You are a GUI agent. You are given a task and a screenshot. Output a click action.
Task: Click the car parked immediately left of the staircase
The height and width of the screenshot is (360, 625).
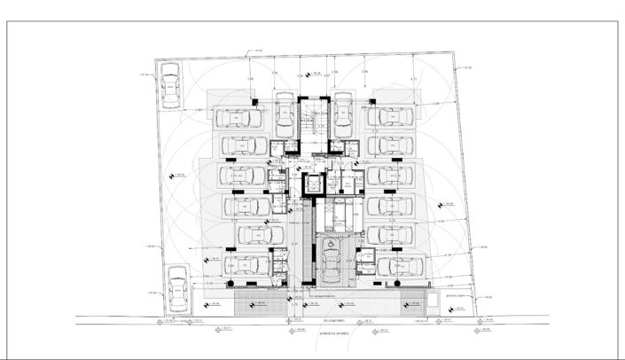(x=284, y=114)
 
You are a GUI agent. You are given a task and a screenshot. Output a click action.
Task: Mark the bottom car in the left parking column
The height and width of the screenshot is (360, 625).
(x=246, y=264)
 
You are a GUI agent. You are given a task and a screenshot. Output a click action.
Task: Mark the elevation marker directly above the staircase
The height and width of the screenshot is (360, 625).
(x=313, y=75)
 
